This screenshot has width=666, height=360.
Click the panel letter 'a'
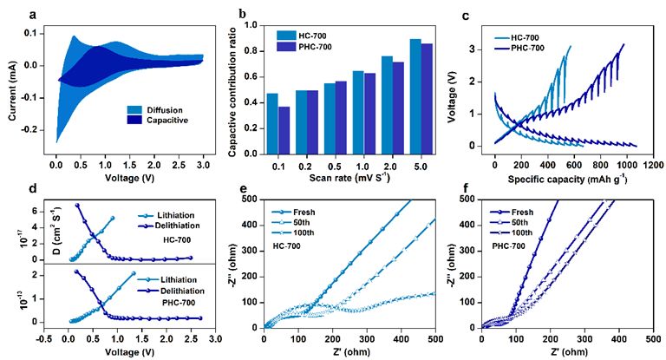[32, 16]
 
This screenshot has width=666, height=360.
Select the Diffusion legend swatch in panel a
[134, 109]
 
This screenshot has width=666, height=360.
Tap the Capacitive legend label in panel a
[167, 121]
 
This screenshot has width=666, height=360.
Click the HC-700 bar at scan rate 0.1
[272, 124]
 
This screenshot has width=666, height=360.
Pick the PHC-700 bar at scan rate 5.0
[427, 99]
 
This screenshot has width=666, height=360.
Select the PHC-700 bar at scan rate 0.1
[284, 130]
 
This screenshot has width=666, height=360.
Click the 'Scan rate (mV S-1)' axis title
[349, 178]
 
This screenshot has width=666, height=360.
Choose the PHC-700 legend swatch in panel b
[284, 46]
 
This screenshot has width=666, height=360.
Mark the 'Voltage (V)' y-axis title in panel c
[452, 99]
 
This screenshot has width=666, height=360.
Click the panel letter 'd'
[32, 187]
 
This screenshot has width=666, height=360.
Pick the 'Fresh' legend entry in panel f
[512, 212]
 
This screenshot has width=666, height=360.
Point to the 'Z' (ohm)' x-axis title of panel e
[349, 352]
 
